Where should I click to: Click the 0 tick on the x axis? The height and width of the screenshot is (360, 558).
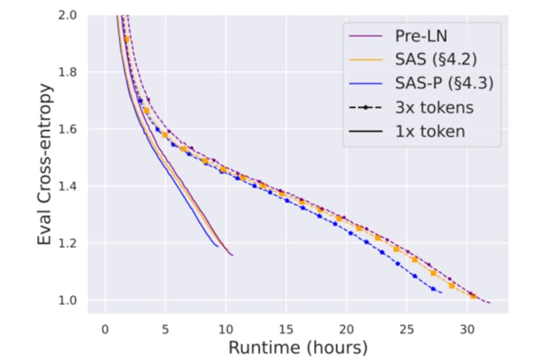tap(105, 328)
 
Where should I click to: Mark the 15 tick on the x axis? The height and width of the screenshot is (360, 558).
tap(286, 328)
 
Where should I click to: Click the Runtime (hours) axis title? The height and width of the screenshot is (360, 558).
tap(298, 347)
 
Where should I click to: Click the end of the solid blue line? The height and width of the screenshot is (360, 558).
tap(218, 246)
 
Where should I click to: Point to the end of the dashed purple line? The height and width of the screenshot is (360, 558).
tap(489, 303)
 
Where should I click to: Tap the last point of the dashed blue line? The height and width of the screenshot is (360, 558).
tap(442, 292)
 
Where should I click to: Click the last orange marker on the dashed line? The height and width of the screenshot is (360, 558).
tap(472, 295)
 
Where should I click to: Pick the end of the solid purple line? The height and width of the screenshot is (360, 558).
tap(233, 256)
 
